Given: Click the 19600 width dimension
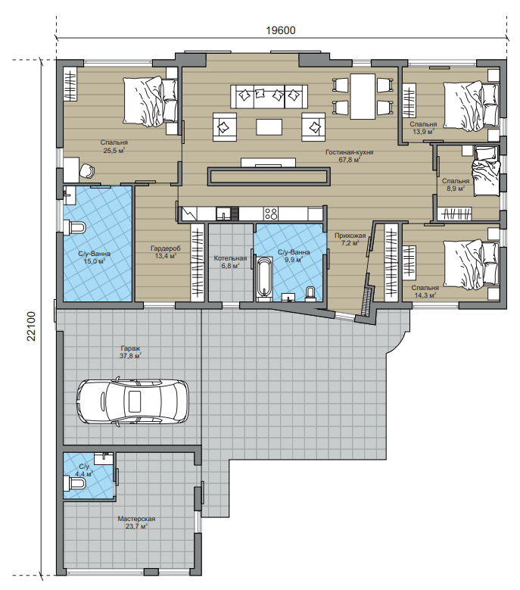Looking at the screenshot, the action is [281, 30].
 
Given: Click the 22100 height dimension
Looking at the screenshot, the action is [31, 326].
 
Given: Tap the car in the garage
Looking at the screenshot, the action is [132, 401].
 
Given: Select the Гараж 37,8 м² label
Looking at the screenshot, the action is [130, 352].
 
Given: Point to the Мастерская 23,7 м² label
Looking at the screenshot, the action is [136, 523].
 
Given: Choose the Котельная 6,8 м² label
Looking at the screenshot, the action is [231, 262].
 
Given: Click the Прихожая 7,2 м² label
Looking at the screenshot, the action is [350, 239].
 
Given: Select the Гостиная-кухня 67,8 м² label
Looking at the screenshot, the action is [349, 156].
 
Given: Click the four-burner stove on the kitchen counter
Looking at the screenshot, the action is [271, 214].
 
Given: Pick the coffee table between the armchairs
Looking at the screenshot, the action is [269, 126].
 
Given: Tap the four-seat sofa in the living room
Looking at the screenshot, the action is [269, 97].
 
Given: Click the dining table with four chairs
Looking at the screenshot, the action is [363, 96].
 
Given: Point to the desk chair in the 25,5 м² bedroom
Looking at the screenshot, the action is [88, 171].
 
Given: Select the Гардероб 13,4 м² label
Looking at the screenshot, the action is [166, 252].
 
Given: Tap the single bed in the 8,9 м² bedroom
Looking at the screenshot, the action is [486, 170].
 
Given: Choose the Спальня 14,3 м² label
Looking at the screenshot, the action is [425, 292].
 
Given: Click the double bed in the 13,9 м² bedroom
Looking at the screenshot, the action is [471, 106].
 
